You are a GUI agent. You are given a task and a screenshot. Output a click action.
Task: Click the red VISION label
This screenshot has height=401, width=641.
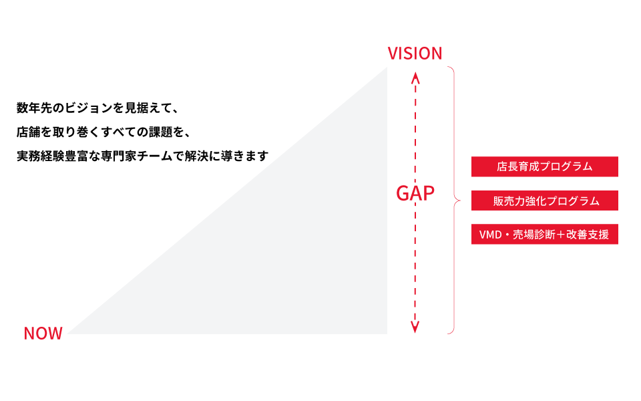[x=415, y=53]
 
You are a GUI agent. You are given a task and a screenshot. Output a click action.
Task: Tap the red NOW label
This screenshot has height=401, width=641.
[x=43, y=333]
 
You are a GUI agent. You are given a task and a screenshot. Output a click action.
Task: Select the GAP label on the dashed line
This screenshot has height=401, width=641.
[x=415, y=194]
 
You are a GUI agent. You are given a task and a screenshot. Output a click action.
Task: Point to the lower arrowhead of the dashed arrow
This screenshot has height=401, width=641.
[x=415, y=327]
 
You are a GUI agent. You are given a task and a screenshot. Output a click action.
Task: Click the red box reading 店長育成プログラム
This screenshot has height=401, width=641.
[x=544, y=166]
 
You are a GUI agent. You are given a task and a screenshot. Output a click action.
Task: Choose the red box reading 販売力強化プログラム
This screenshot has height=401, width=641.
[x=544, y=200]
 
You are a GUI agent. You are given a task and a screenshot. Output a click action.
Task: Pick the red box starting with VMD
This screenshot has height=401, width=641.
[x=544, y=235]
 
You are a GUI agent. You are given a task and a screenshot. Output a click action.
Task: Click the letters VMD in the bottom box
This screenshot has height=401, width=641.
[x=491, y=235]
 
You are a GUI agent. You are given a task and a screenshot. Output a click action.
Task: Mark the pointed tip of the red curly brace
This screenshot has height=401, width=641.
[x=459, y=200]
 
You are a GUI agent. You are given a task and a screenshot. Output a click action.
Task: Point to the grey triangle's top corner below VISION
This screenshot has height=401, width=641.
[x=386, y=69]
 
